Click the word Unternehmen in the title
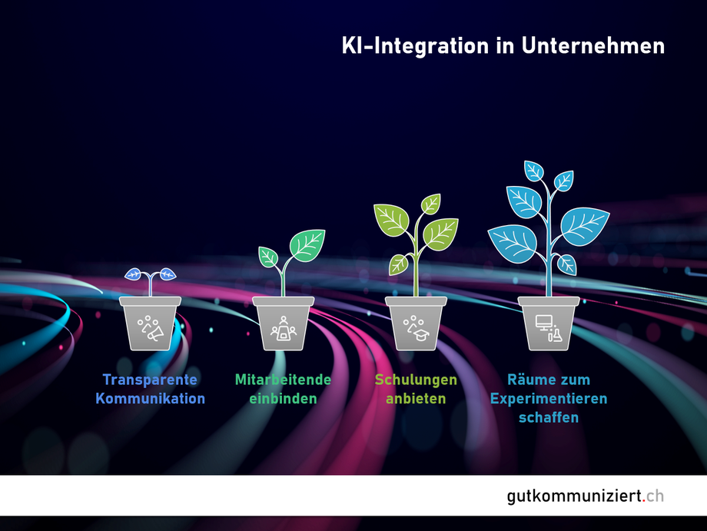pyautogui.click(x=593, y=46)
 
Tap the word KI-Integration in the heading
pyautogui.click(x=415, y=47)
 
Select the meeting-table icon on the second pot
pyautogui.click(x=283, y=329)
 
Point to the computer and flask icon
pyautogui.click(x=549, y=328)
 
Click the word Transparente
pyautogui.click(x=150, y=380)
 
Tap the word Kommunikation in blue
pyautogui.click(x=150, y=399)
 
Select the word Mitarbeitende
pyautogui.click(x=283, y=380)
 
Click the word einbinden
pyautogui.click(x=283, y=399)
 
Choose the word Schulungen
pyautogui.click(x=417, y=380)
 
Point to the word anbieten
pyautogui.click(x=417, y=399)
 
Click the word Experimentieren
pyautogui.click(x=549, y=399)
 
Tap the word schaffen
pyautogui.click(x=549, y=417)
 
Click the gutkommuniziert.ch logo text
pyautogui.click(x=586, y=496)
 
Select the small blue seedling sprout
pyautogui.click(x=150, y=280)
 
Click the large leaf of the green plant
pyautogui.click(x=307, y=245)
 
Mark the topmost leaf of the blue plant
pyautogui.click(x=534, y=171)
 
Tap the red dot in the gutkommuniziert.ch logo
pyautogui.click(x=644, y=501)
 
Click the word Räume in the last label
pyautogui.click(x=526, y=380)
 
